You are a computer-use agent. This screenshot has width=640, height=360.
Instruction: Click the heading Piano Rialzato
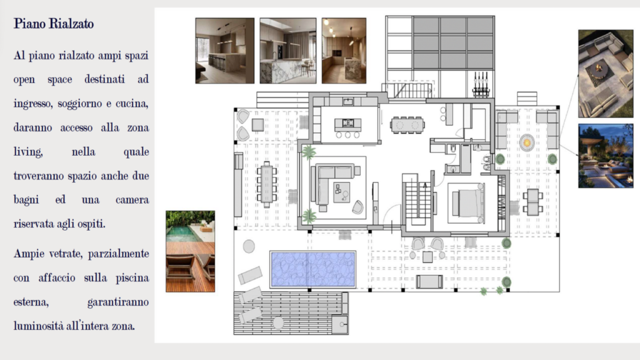click(x=54, y=24)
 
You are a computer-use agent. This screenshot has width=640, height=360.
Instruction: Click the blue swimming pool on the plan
click(x=312, y=269)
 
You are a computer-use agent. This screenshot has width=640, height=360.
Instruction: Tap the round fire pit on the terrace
click(x=527, y=143)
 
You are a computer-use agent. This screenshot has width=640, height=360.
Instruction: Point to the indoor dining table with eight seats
click(x=407, y=125)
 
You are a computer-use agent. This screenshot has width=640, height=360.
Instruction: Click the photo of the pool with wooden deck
click(x=190, y=251)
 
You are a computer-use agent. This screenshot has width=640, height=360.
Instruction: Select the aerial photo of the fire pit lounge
click(x=606, y=74)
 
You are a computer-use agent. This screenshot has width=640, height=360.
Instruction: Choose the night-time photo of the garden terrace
click(x=606, y=156)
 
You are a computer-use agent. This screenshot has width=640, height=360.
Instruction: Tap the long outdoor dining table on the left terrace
click(x=267, y=185)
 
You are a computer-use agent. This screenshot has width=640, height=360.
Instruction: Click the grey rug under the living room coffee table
click(x=342, y=192)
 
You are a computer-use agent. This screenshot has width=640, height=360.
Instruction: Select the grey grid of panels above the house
click(x=453, y=43)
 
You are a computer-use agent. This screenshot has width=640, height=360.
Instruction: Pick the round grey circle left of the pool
click(x=249, y=246)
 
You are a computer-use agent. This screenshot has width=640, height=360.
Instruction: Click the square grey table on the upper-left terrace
click(x=257, y=124)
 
